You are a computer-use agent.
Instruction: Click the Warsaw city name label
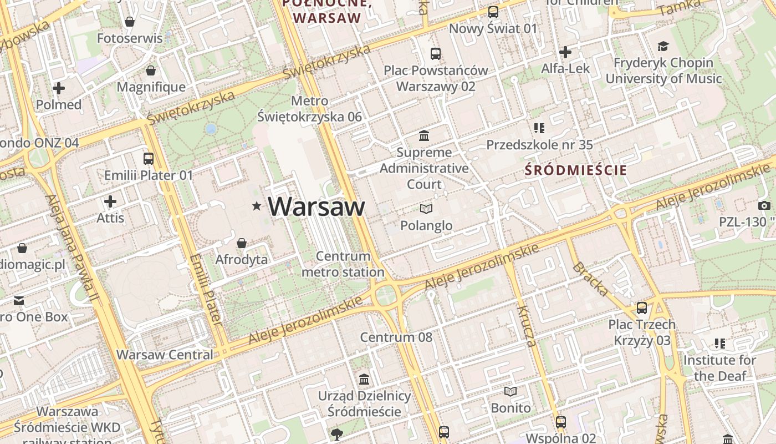(x=316, y=206)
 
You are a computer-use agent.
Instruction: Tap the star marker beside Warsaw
(x=257, y=206)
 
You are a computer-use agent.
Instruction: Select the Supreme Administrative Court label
(x=425, y=168)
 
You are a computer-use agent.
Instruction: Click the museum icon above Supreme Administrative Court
(x=425, y=135)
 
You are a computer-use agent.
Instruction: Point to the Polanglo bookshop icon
(x=426, y=209)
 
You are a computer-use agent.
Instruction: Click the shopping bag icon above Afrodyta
(x=242, y=243)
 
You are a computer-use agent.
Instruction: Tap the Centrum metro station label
(x=343, y=264)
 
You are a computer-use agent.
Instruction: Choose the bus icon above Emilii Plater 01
(x=148, y=158)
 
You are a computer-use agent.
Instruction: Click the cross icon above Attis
(x=110, y=201)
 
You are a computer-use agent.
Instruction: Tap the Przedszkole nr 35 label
(x=539, y=145)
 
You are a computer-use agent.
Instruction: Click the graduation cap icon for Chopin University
(x=663, y=47)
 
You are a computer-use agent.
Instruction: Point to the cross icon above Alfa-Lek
(x=565, y=52)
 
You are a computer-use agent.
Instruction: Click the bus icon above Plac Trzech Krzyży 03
(x=641, y=307)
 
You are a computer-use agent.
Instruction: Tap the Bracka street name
(x=590, y=279)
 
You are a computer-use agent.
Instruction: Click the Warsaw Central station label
(x=165, y=355)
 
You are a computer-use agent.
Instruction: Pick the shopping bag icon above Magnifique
(x=150, y=70)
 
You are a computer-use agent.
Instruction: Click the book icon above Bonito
(x=510, y=391)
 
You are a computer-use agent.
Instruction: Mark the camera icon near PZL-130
(x=764, y=205)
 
